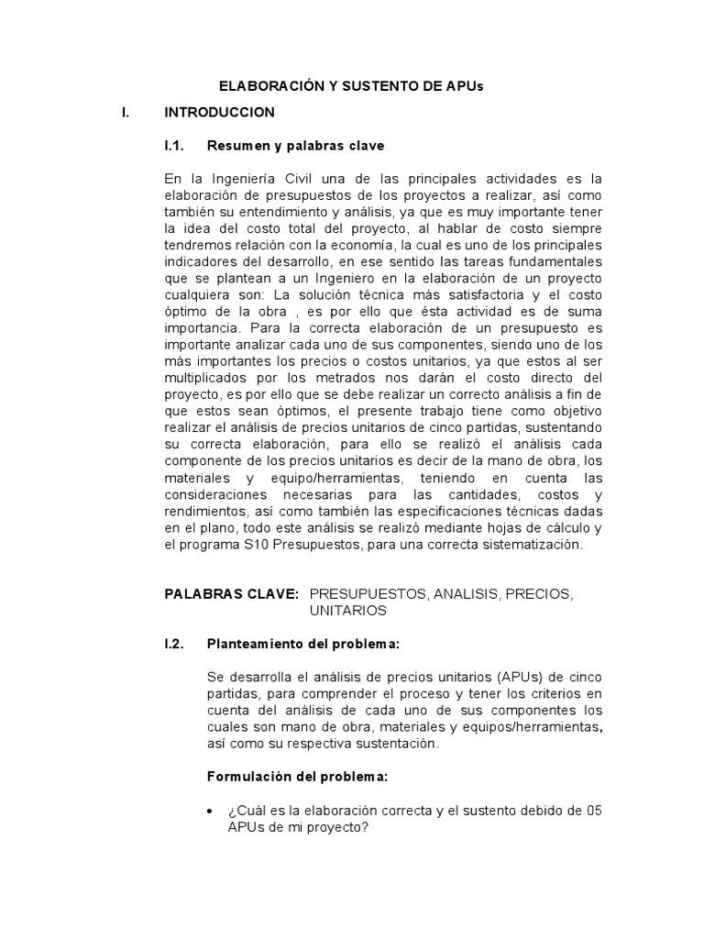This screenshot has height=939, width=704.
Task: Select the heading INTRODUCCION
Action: click(x=219, y=113)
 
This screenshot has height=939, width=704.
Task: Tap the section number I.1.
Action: click(x=175, y=146)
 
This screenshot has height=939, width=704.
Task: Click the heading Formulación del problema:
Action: click(x=298, y=777)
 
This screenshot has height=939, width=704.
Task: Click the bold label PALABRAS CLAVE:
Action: click(x=231, y=594)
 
